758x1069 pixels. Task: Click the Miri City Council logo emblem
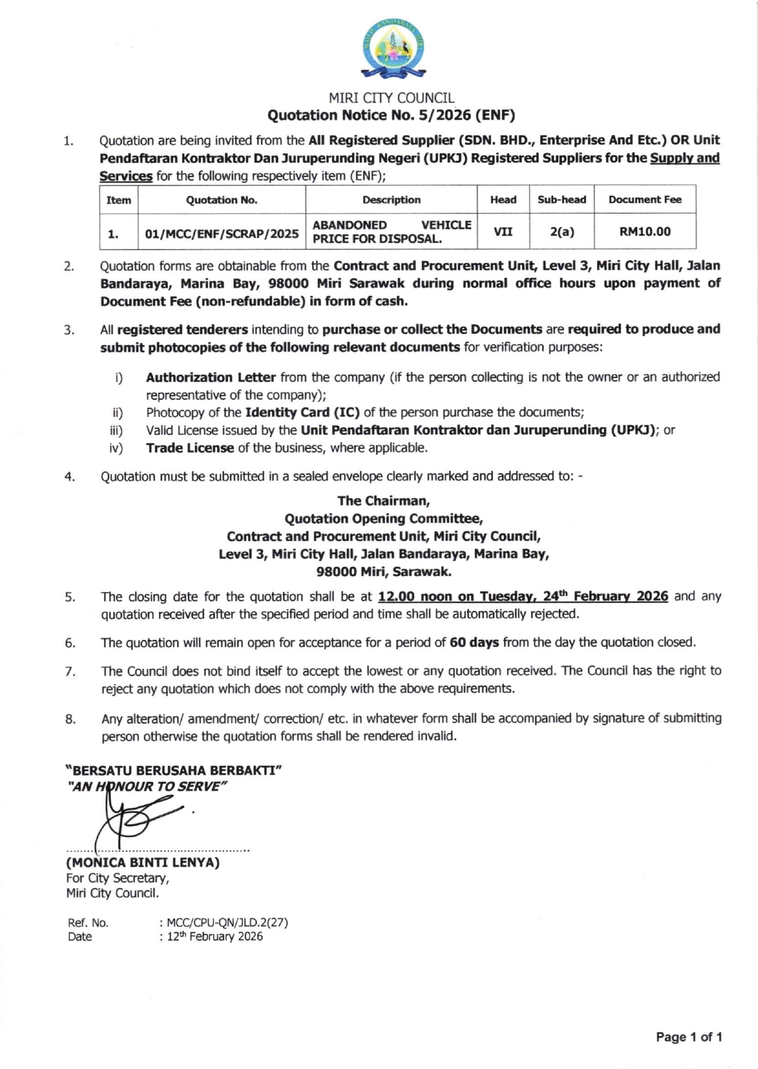pyautogui.click(x=393, y=49)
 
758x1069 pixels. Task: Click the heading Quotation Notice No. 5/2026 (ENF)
pyautogui.click(x=391, y=115)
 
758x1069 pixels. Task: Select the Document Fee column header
pyautogui.click(x=645, y=200)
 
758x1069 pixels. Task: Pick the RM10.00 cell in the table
pyautogui.click(x=645, y=232)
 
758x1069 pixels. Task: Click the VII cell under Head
pyautogui.click(x=503, y=232)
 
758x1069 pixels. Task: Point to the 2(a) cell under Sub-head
pyautogui.click(x=561, y=232)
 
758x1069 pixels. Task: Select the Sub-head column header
pyautogui.click(x=561, y=200)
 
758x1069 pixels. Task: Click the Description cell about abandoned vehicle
pyautogui.click(x=391, y=232)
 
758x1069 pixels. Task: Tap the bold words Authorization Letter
pyautogui.click(x=211, y=377)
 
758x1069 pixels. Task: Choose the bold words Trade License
pyautogui.click(x=190, y=448)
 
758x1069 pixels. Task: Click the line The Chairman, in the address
pyautogui.click(x=384, y=501)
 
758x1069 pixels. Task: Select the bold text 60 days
pyautogui.click(x=474, y=642)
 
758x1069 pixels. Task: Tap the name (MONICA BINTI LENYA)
pyautogui.click(x=143, y=862)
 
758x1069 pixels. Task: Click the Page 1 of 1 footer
pyautogui.click(x=689, y=1037)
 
